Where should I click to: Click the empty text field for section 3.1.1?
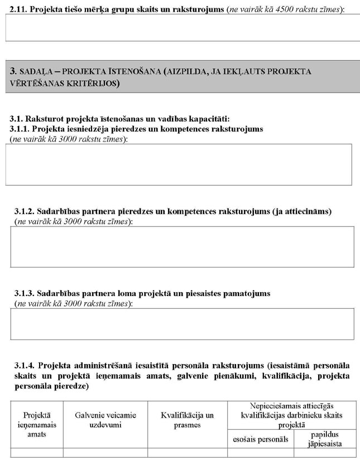click(x=179, y=164)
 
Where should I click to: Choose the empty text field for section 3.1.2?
click(x=182, y=246)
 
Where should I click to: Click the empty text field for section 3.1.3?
click(x=182, y=324)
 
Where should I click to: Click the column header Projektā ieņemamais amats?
click(x=36, y=424)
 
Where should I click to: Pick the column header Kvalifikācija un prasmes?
click(x=188, y=420)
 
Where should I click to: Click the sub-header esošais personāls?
click(x=260, y=439)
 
